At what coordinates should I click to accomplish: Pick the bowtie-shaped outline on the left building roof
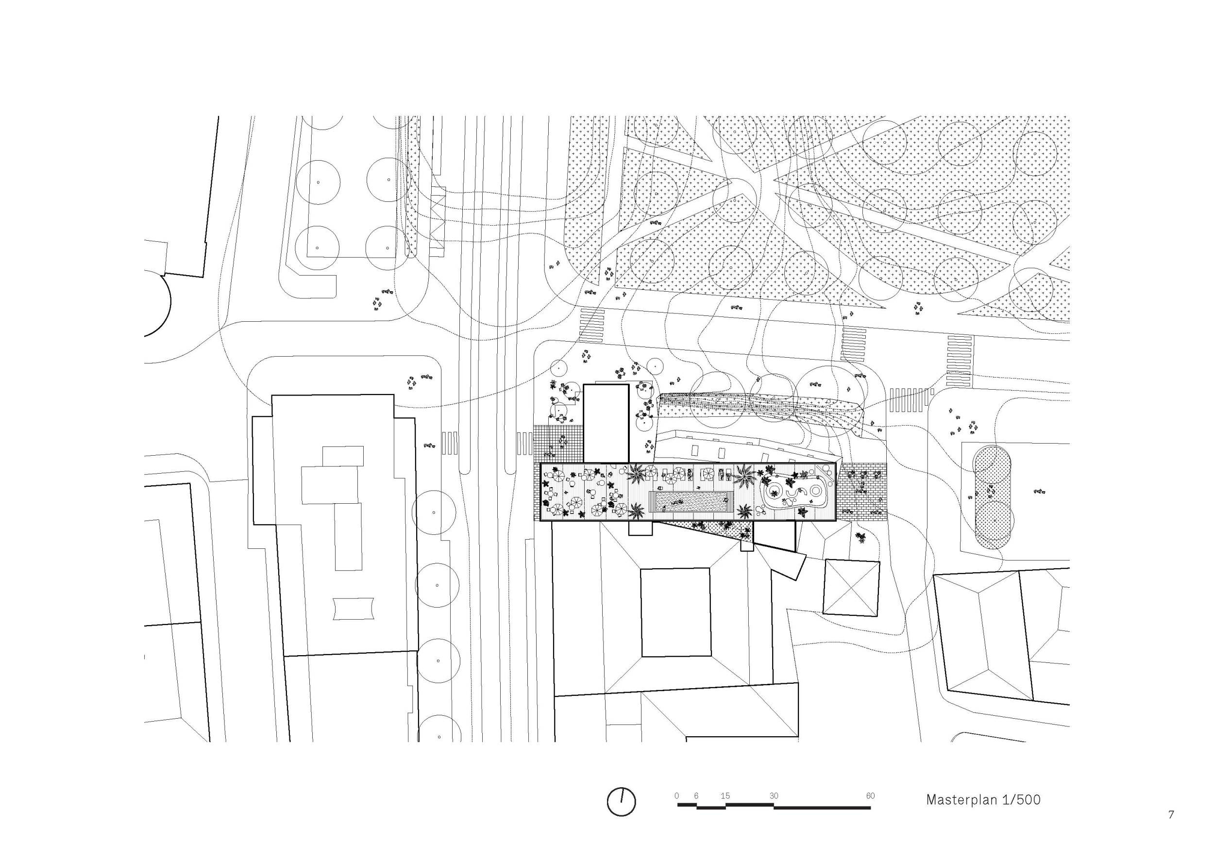coord(353,609)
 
